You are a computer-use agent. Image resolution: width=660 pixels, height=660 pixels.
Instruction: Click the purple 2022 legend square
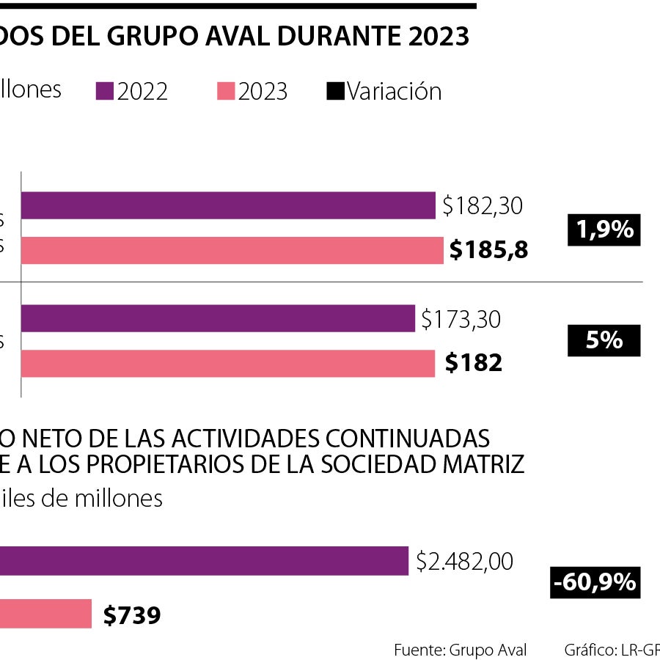tap(105, 92)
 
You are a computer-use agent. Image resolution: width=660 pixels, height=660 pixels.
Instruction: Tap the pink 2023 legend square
tap(226, 92)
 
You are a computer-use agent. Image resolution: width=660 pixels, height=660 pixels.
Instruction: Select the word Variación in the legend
tap(394, 92)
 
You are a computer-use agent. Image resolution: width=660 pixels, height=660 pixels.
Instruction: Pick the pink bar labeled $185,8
tap(232, 250)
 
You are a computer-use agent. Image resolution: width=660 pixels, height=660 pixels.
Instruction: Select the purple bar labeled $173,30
tap(218, 319)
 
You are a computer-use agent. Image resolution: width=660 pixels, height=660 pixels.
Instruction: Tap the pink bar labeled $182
tap(227, 363)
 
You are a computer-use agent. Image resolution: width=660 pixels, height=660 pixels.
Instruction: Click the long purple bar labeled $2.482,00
tap(204, 561)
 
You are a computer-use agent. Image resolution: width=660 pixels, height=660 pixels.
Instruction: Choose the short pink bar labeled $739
tap(45, 614)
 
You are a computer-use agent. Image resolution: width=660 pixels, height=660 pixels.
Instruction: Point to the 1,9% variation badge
tap(604, 230)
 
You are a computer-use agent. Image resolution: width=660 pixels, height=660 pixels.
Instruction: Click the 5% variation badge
tap(604, 341)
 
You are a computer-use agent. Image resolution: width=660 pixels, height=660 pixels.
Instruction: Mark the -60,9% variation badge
tap(595, 583)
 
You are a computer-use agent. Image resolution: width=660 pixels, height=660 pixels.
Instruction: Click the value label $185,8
tap(488, 251)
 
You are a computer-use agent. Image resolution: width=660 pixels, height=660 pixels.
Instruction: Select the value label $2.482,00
tap(464, 562)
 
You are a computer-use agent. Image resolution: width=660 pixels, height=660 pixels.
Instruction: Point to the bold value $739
tap(131, 615)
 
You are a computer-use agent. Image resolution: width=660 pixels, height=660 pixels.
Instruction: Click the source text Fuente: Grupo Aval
tap(460, 650)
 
